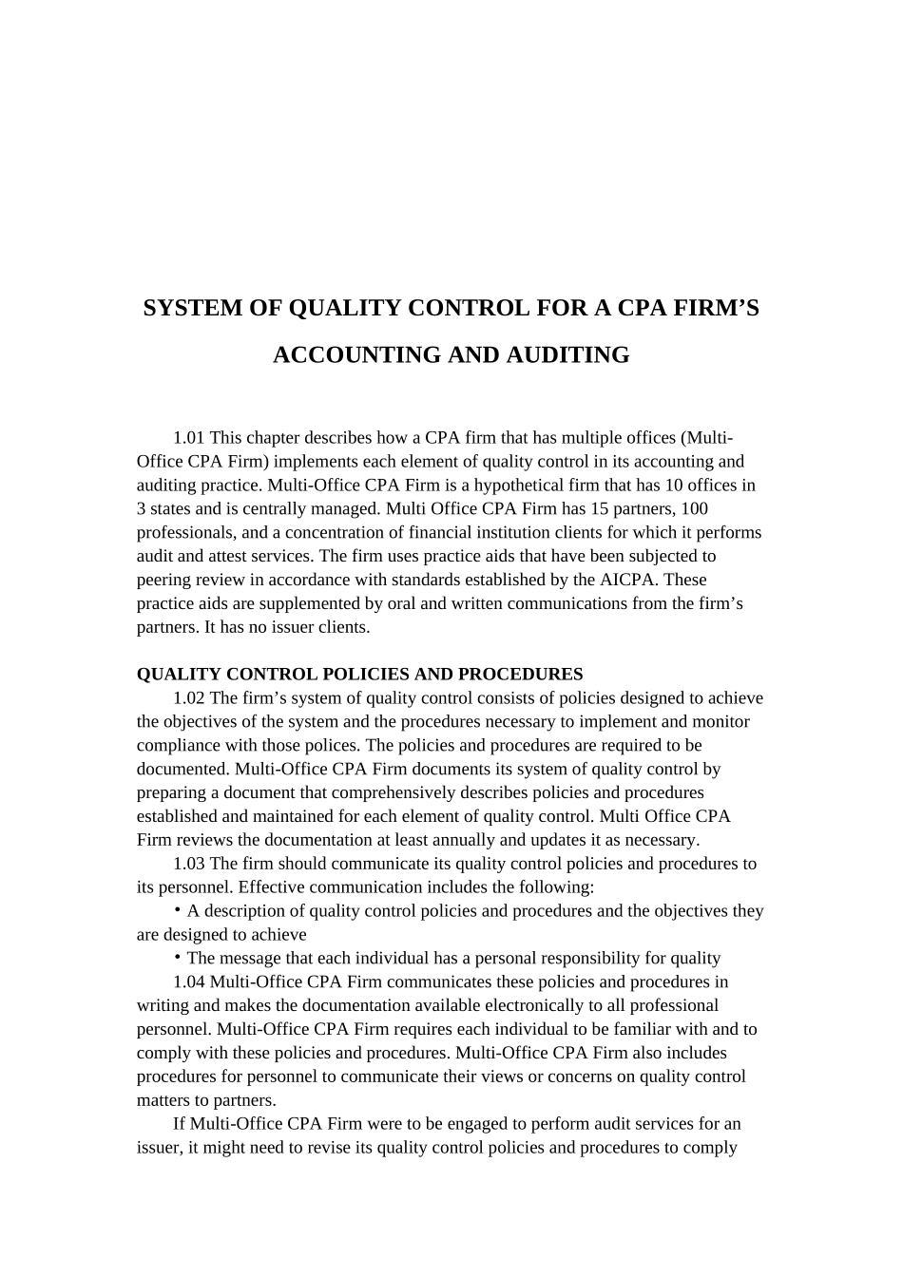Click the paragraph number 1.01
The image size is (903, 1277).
188,438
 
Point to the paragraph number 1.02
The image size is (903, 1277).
188,698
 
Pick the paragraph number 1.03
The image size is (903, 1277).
188,864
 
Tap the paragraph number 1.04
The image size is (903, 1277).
188,982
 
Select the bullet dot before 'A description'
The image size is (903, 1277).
178,909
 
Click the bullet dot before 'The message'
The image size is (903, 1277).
178,957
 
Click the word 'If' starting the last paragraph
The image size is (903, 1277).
180,1124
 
